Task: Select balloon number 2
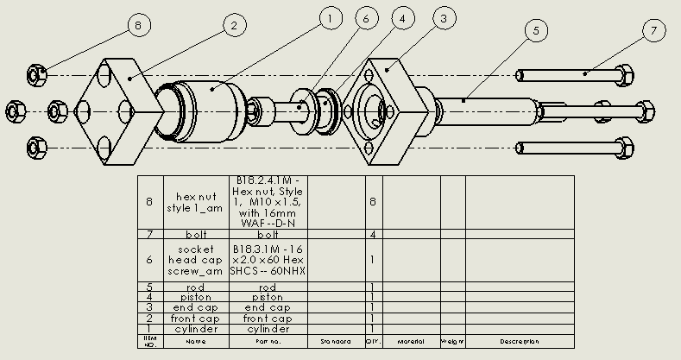(x=232, y=26)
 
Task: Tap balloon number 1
(x=328, y=16)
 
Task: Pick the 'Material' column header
(x=411, y=341)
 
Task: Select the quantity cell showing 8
(x=373, y=202)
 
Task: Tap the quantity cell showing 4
(x=373, y=234)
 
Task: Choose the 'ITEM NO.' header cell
(x=150, y=341)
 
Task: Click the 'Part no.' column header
(x=268, y=341)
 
